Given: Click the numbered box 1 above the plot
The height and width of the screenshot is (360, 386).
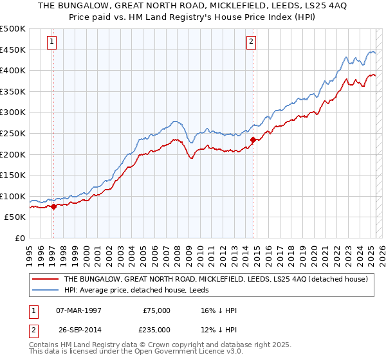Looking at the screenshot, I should point(51,42).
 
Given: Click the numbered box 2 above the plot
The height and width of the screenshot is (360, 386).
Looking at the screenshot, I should point(251,42).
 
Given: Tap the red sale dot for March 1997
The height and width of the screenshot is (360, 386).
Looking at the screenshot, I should point(53,206).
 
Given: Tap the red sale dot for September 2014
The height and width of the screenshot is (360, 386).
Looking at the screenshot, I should point(253,139).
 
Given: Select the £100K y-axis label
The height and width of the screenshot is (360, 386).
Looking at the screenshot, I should point(14,196).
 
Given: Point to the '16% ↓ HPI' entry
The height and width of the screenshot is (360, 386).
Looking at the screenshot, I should point(217,310).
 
